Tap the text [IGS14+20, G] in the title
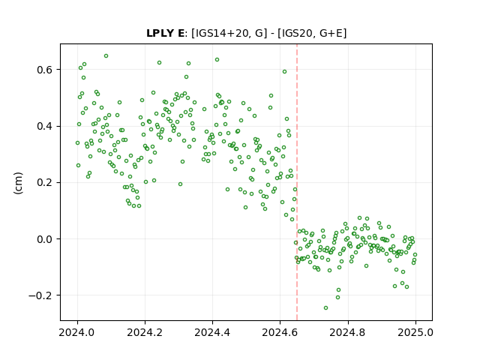[x=227, y=33]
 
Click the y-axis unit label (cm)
[x=18, y=183]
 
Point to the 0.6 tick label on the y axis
[x=45, y=70]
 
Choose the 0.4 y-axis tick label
[x=45, y=126]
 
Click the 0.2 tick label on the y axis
[x=45, y=182]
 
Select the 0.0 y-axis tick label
[x=45, y=239]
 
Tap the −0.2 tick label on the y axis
[x=40, y=295]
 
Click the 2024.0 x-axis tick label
[x=77, y=332]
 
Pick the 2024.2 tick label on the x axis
[x=145, y=332]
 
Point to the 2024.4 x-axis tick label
[x=212, y=332]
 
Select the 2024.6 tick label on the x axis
[x=280, y=332]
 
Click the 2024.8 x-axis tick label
[x=348, y=332]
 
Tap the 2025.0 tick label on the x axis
[x=415, y=332]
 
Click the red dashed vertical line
[x=297, y=182]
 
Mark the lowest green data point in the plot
[x=325, y=307]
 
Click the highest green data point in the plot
[x=106, y=56]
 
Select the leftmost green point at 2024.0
[x=77, y=143]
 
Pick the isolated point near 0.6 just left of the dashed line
[x=284, y=72]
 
